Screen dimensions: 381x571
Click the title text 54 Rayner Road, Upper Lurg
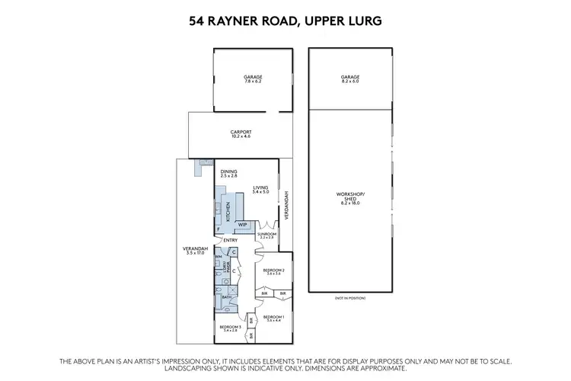click(x=285, y=23)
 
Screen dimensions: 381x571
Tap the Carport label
click(x=241, y=133)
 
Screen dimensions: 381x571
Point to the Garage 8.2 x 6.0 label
click(x=350, y=78)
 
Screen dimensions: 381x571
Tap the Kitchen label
click(x=227, y=210)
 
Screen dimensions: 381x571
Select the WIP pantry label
click(x=243, y=225)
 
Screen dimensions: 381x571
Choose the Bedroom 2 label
click(x=274, y=271)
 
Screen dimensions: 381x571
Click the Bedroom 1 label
click(x=273, y=318)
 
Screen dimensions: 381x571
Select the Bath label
click(x=226, y=297)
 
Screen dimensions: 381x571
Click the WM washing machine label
click(x=218, y=257)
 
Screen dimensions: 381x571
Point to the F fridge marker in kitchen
click(x=218, y=229)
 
